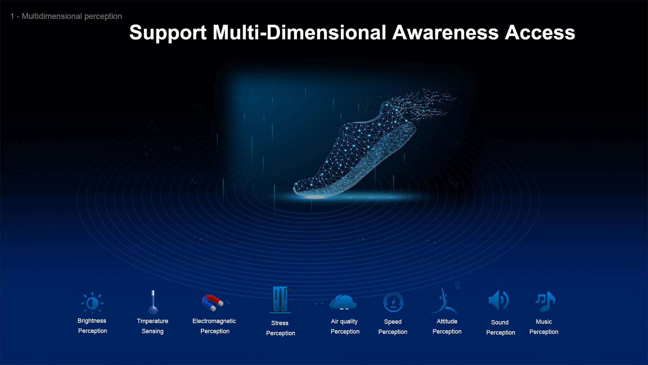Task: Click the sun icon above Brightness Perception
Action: pyautogui.click(x=92, y=303)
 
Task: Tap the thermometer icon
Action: pyautogui.click(x=153, y=302)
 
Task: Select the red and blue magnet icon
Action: pyautogui.click(x=213, y=302)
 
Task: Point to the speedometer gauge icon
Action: pyautogui.click(x=393, y=302)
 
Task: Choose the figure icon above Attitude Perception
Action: pyautogui.click(x=444, y=301)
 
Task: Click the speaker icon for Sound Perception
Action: pyautogui.click(x=498, y=300)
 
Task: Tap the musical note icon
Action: pyautogui.click(x=545, y=301)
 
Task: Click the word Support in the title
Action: pyautogui.click(x=168, y=33)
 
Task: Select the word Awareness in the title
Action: pyautogui.click(x=446, y=32)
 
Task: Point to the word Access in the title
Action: pyautogui.click(x=540, y=32)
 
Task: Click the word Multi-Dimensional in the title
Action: pyautogui.click(x=299, y=32)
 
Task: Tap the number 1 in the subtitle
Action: pyautogui.click(x=12, y=16)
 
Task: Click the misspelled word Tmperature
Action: pyautogui.click(x=153, y=321)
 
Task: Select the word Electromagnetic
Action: pyautogui.click(x=214, y=321)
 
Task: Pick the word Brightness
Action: pyautogui.click(x=92, y=321)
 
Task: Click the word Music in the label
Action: pyautogui.click(x=544, y=322)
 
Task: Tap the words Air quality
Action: pyautogui.click(x=344, y=321)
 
